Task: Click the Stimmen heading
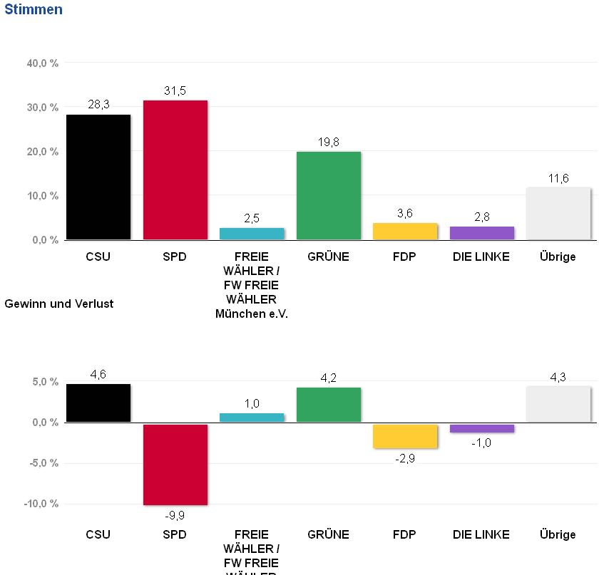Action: [x=33, y=9]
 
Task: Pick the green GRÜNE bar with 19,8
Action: [x=328, y=195]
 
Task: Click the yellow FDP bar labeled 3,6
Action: [x=404, y=231]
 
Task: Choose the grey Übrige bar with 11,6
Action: [x=558, y=213]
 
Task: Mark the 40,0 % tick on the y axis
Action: [x=42, y=63]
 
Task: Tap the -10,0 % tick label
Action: [x=41, y=504]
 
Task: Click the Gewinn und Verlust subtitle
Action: [x=58, y=304]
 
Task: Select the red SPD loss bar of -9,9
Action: [x=175, y=464]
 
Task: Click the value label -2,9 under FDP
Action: [x=404, y=458]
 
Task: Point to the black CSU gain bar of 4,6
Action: [x=98, y=403]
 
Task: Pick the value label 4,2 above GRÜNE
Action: [x=328, y=378]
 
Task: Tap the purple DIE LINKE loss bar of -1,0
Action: [x=481, y=428]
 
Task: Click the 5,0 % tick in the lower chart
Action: [x=45, y=382]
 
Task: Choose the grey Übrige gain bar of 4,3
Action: [x=558, y=404]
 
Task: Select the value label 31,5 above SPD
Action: [x=175, y=90]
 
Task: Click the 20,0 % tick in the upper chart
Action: [x=42, y=152]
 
